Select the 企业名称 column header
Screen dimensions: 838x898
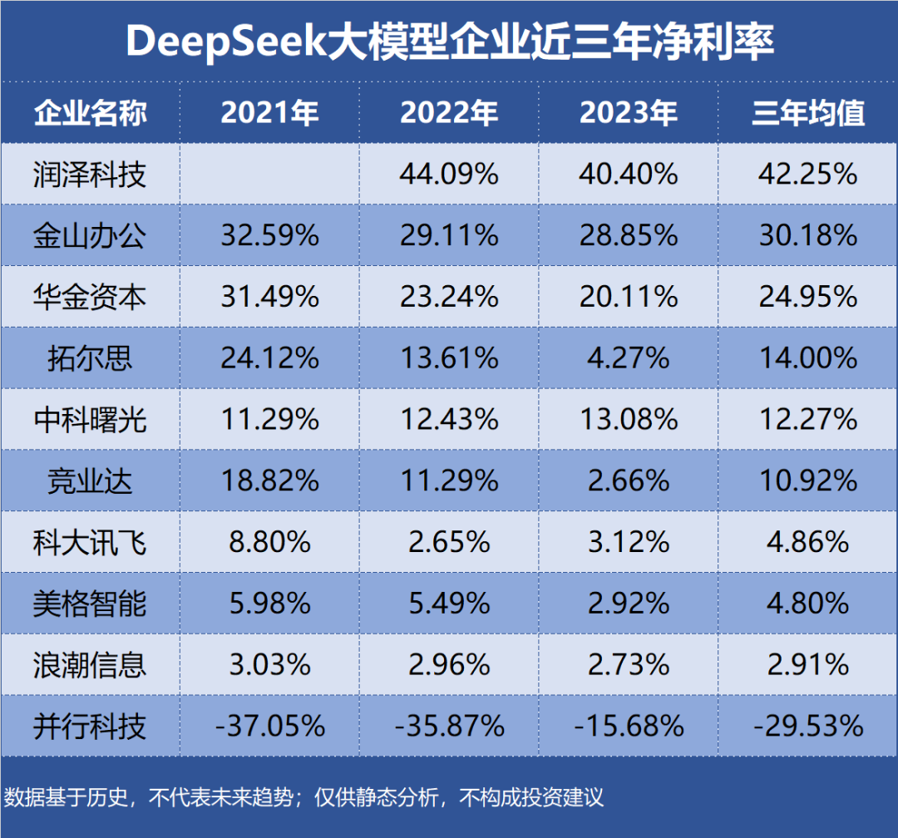90,113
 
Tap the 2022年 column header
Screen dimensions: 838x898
449,113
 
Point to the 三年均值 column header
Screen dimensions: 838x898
808,113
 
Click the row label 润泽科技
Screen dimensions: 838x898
90,175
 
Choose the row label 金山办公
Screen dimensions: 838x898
90,236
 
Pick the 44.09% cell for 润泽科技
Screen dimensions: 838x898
449,175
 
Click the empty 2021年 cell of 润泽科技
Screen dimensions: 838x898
269,175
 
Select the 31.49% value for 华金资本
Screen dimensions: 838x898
269,297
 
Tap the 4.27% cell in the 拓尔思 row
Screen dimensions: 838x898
629,358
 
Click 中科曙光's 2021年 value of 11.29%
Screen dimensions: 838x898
269,420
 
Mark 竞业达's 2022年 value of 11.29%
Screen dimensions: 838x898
449,481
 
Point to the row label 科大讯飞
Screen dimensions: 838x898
90,543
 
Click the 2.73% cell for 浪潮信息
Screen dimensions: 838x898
629,665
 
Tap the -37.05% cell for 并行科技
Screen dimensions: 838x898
269,727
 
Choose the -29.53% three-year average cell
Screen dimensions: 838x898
808,727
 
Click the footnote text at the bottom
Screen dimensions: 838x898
303,798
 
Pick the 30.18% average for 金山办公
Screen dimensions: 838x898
808,236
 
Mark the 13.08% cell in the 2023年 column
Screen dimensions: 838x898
629,420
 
